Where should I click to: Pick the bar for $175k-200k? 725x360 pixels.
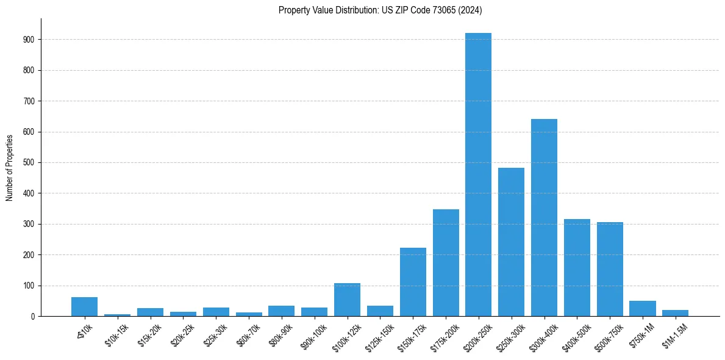click(x=446, y=263)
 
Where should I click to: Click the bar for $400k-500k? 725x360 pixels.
click(x=577, y=268)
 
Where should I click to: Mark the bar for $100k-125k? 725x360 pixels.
click(x=347, y=300)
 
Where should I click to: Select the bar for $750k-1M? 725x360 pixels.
click(x=643, y=309)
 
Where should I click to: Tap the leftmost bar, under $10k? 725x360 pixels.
click(x=84, y=307)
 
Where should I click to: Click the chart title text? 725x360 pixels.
click(x=380, y=10)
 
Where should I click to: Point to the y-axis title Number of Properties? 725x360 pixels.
click(x=10, y=167)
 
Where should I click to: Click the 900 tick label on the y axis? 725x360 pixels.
click(x=29, y=40)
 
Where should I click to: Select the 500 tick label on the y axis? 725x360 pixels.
click(x=29, y=163)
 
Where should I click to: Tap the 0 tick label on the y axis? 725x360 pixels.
click(x=33, y=317)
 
